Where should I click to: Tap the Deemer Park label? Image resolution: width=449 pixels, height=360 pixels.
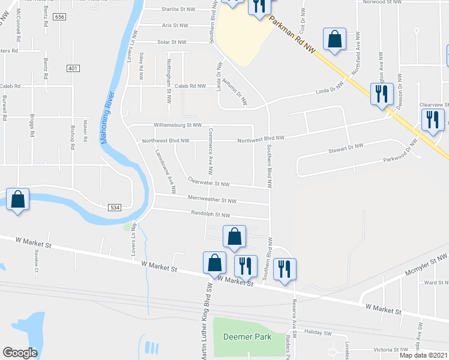(247, 337)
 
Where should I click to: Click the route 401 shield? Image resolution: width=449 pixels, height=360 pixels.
(73, 68)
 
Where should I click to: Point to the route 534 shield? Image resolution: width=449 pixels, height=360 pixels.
(116, 207)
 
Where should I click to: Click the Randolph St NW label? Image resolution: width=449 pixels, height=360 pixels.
(210, 214)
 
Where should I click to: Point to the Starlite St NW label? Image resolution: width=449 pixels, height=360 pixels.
(179, 10)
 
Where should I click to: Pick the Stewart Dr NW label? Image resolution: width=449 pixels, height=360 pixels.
(347, 146)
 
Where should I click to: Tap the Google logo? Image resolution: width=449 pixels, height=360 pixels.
(19, 352)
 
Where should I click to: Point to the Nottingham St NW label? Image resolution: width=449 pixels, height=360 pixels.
(169, 76)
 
